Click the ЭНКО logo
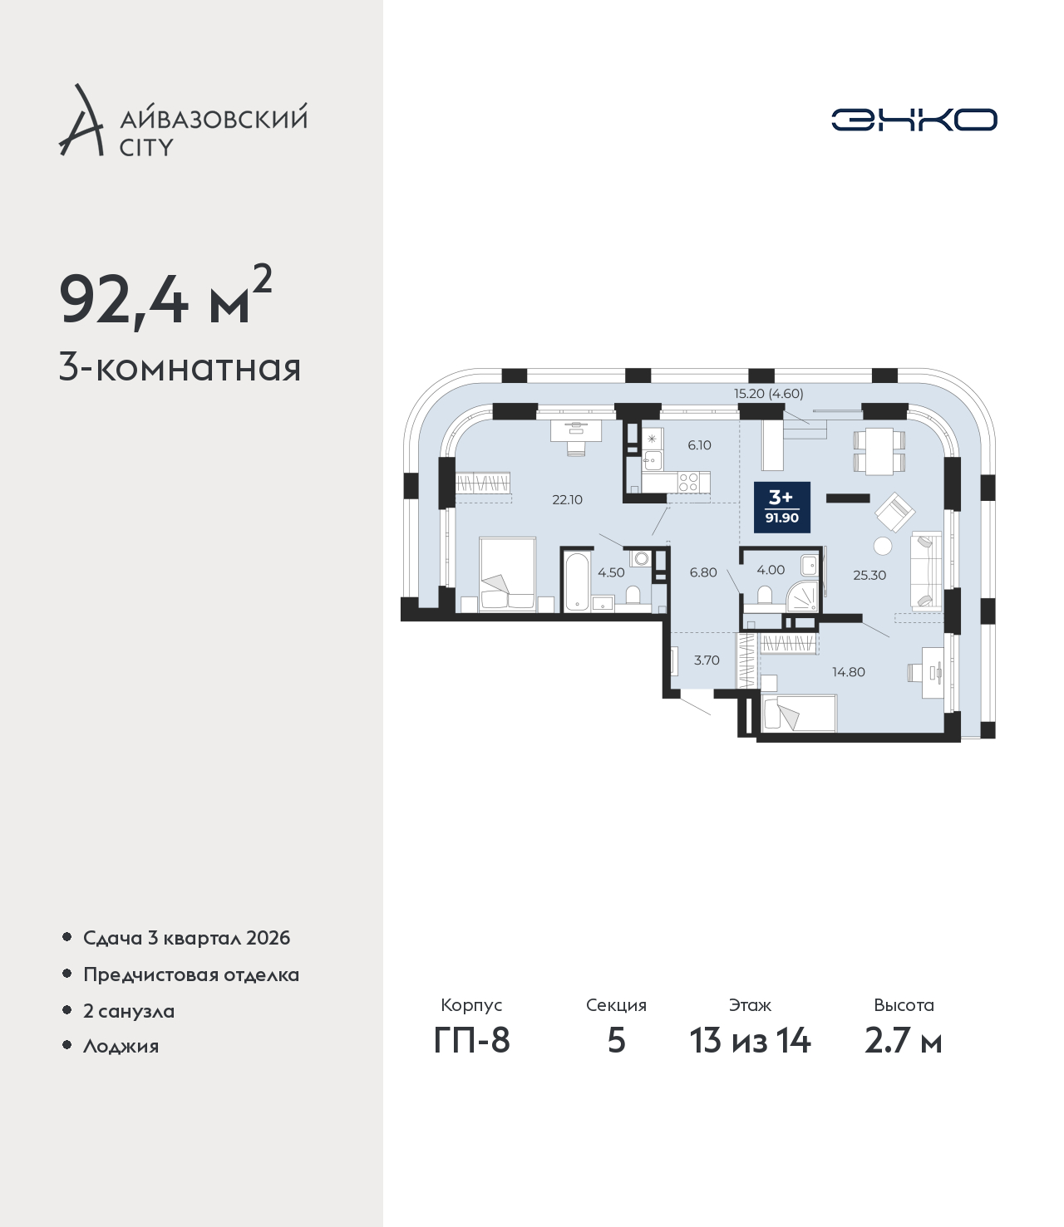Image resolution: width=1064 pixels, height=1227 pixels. pos(914,120)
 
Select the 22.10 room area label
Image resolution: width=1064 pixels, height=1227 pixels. pos(568,500)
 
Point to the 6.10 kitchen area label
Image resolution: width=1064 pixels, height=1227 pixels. pos(699,445)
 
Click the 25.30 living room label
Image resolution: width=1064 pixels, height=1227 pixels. pos(869,575)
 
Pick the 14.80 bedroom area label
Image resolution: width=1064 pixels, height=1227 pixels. pos(849,672)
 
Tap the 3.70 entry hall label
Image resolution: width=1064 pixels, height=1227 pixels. pos(707,660)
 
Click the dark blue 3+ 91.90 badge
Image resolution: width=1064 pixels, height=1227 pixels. pos(782,507)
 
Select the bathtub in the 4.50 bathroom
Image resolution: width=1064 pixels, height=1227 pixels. pos(577,582)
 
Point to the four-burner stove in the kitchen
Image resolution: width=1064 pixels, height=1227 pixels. pos(688,482)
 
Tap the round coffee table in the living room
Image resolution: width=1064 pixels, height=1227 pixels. pos(883,546)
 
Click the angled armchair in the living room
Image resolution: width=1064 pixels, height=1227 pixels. pos(894,513)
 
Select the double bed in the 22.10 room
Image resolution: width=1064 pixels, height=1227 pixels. pos(508,575)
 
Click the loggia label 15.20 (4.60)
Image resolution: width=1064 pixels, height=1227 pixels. pos(769,393)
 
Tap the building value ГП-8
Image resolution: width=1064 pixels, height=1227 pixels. pos(471,1041)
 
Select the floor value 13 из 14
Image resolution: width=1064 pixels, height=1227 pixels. pos(751,1041)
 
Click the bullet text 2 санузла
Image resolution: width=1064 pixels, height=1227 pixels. pos(129,1010)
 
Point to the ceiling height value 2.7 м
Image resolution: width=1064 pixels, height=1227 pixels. pos(904,1041)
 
